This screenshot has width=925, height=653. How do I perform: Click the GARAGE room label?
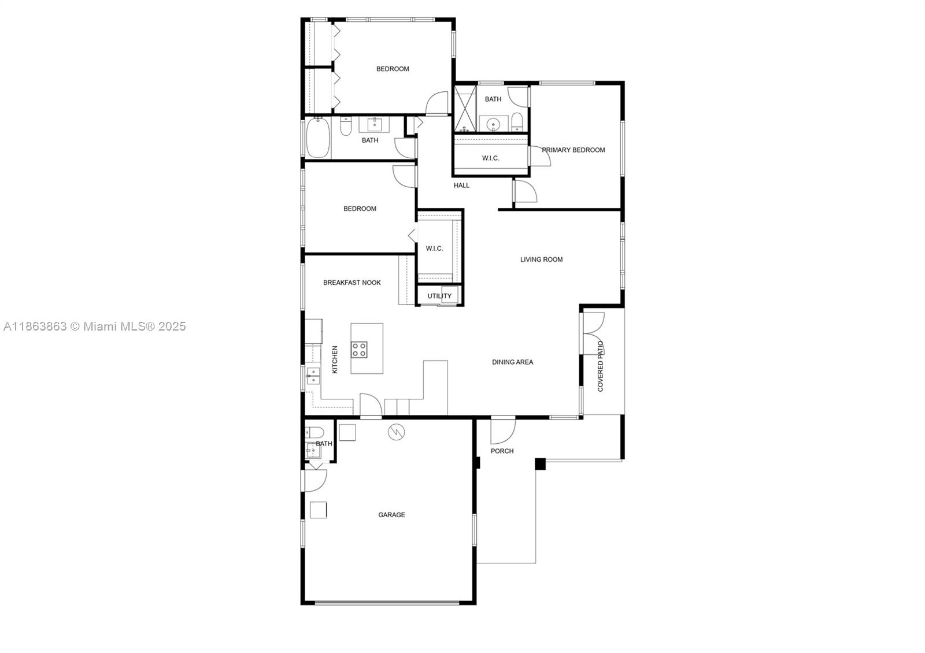pos(391,515)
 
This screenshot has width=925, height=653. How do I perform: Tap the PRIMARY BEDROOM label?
pos(573,150)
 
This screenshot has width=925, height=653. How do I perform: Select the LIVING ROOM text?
pos(541,259)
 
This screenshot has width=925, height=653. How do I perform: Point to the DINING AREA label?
pos(512,362)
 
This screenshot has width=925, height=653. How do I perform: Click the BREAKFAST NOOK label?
pos(352,283)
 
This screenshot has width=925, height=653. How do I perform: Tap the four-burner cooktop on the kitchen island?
pos(359,350)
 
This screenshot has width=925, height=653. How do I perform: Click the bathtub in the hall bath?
pos(318,138)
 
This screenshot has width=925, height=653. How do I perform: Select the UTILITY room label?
pos(439,296)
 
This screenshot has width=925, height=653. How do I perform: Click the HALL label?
pos(461,185)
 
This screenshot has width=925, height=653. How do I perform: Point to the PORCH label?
pos(502,451)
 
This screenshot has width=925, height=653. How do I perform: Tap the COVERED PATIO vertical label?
pos(601,366)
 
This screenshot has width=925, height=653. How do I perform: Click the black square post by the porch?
pos(540,464)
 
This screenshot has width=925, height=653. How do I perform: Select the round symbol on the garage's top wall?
pos(397,432)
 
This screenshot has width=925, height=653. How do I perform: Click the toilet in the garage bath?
pos(314,433)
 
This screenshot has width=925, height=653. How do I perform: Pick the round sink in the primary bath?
pos(493,124)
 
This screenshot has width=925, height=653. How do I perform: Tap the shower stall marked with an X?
pos(465,109)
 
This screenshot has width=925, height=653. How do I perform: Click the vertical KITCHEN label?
pos(335,359)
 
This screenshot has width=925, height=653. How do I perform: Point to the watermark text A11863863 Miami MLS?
pos(95,327)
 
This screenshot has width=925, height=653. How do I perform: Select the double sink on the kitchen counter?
pos(313,376)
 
